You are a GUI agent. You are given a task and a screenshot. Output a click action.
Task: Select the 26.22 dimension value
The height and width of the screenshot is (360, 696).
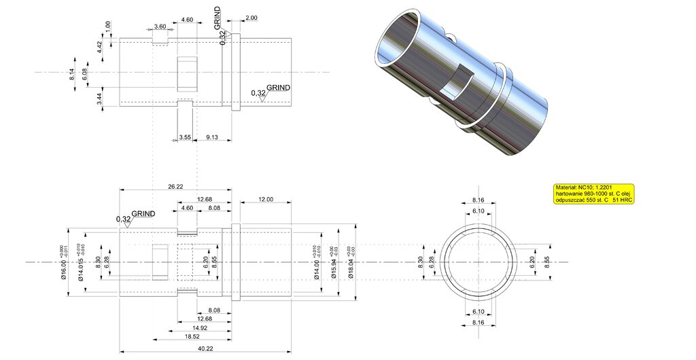[175, 186]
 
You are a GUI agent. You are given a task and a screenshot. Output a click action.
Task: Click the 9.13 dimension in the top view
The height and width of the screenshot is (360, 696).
[212, 137]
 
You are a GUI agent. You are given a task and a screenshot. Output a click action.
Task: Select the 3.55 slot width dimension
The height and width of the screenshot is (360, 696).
[185, 137]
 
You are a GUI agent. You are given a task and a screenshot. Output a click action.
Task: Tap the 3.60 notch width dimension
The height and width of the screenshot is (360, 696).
[160, 26]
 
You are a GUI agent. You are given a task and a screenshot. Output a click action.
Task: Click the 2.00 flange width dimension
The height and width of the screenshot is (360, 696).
[251, 17]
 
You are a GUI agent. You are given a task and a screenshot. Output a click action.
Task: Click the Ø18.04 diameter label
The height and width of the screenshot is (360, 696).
[352, 262]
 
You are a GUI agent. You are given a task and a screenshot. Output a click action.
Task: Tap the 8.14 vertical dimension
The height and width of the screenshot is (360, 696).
[72, 75]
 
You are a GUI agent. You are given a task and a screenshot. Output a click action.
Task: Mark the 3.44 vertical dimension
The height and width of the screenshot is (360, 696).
[99, 98]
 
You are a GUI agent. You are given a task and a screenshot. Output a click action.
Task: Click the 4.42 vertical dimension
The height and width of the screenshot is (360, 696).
[99, 47]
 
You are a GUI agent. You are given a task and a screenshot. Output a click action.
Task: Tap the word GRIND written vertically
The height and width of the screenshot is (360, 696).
[217, 20]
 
